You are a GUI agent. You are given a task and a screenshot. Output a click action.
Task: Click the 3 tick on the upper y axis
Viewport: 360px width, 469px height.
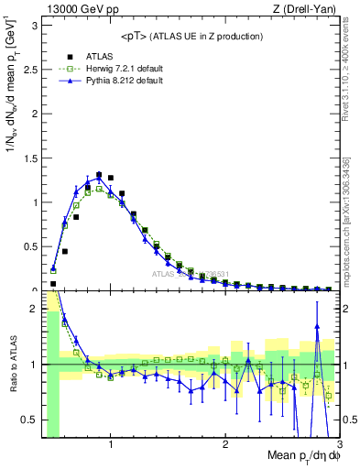[34, 26]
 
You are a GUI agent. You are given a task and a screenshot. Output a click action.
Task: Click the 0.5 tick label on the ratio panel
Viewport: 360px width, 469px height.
[29, 420]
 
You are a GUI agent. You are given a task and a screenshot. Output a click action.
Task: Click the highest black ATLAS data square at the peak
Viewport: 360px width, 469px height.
[99, 174]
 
